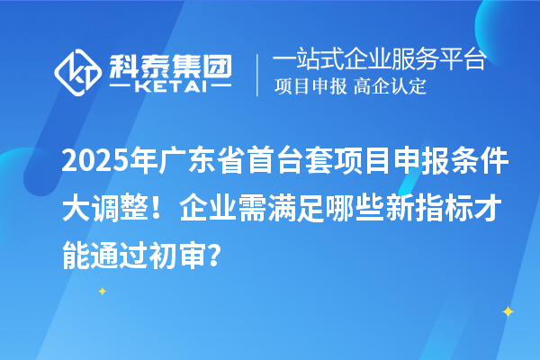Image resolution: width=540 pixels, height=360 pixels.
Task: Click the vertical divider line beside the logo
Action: click(x=259, y=75)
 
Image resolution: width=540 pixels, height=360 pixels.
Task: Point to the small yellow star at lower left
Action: click(x=102, y=291)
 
